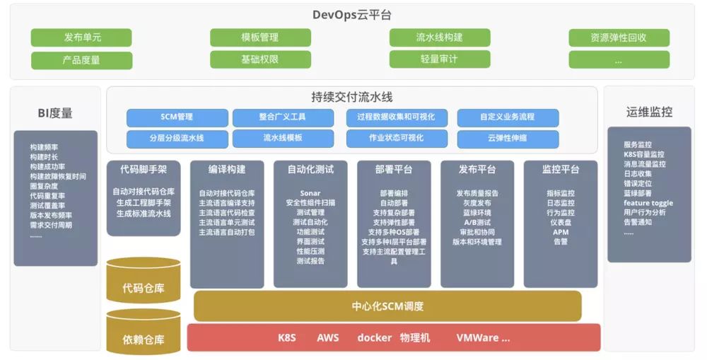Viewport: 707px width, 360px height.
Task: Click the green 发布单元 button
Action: (x=81, y=37)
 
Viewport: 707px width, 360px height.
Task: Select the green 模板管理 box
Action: (x=260, y=37)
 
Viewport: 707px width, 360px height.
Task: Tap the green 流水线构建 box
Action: (x=439, y=37)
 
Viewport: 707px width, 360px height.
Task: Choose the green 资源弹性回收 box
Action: (x=619, y=37)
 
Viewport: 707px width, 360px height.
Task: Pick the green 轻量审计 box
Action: (x=439, y=59)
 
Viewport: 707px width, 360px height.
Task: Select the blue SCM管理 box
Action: (x=177, y=117)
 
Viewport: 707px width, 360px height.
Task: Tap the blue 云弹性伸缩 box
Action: (x=507, y=139)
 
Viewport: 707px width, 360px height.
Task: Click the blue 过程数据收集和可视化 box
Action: (x=396, y=117)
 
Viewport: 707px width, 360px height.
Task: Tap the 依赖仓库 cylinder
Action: (x=143, y=339)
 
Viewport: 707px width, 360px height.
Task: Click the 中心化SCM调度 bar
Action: (x=387, y=306)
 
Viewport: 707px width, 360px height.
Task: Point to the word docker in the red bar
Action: (x=374, y=338)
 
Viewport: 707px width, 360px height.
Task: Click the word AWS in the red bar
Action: (x=327, y=338)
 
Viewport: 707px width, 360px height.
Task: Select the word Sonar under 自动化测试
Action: (x=310, y=193)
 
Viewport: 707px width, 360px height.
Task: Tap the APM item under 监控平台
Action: (x=560, y=231)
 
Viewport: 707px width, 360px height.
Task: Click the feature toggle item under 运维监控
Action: (x=648, y=202)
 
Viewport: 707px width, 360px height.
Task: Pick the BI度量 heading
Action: (x=55, y=112)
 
